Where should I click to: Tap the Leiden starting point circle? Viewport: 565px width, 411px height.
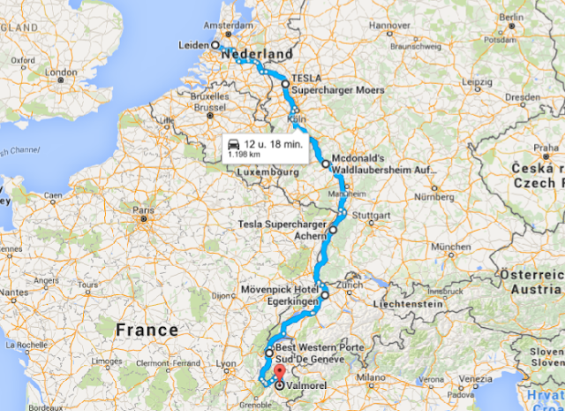point(215,44)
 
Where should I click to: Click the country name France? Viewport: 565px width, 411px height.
point(147,330)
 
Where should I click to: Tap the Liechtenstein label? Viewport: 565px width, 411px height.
point(398,302)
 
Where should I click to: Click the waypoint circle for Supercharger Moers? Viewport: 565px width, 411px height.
point(284,84)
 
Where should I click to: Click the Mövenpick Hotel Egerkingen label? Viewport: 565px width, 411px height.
point(280,294)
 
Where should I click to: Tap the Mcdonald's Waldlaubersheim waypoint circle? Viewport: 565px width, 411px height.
point(325,164)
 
